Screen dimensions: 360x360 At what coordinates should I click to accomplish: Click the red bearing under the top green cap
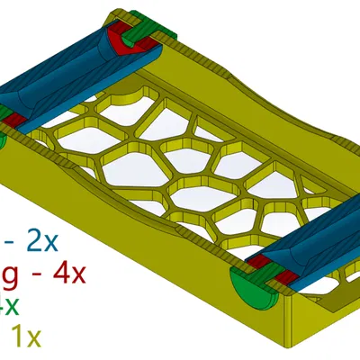117,40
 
